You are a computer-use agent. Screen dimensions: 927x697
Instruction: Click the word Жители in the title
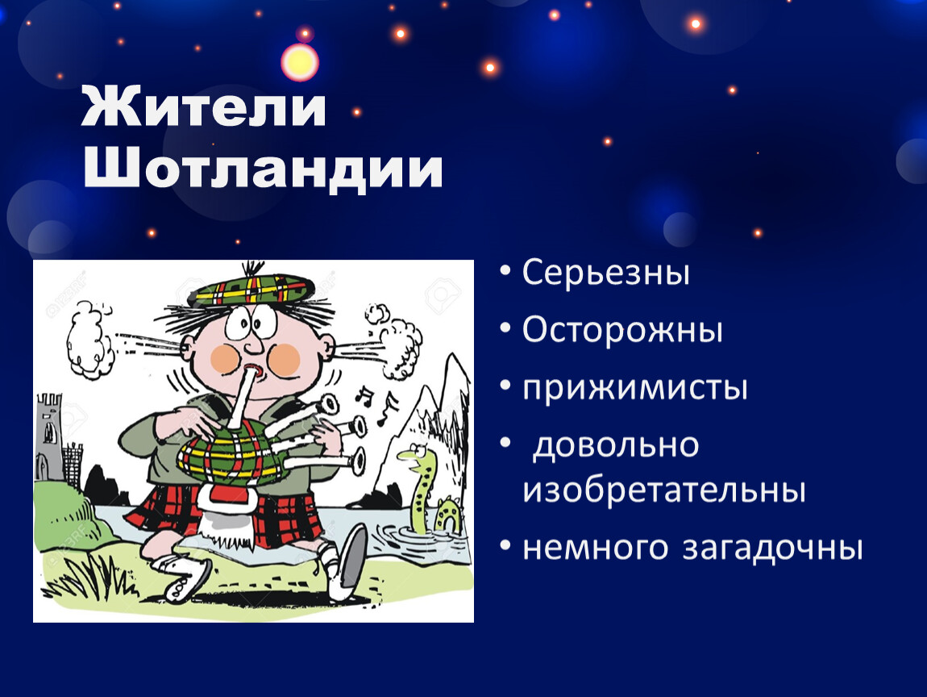[x=203, y=106]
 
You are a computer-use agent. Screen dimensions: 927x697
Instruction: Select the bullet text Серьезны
[x=605, y=273]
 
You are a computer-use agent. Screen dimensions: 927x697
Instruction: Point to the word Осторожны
[x=622, y=330]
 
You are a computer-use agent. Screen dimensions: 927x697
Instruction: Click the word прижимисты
[x=635, y=388]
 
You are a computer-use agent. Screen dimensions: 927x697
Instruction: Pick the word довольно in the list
[x=615, y=445]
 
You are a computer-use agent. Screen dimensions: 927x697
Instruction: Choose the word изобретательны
[x=664, y=491]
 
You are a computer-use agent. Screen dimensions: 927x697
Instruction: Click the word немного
[x=596, y=549]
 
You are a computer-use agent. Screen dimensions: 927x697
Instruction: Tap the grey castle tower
[x=49, y=437]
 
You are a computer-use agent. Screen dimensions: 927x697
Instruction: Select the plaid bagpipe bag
[x=232, y=454]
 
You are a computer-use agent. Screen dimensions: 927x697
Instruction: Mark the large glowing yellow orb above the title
[x=300, y=62]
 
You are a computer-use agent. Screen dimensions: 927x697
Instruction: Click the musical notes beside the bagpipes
[x=377, y=403]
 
